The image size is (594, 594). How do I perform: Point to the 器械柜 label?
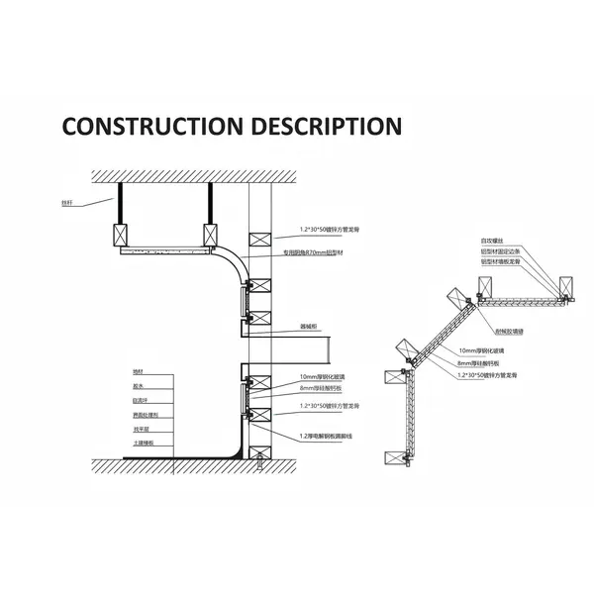(x=309, y=326)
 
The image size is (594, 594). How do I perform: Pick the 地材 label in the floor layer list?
(x=138, y=371)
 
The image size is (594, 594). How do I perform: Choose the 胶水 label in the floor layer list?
(x=138, y=387)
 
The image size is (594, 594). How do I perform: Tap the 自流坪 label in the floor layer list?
(x=140, y=402)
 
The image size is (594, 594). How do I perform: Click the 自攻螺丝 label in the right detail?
(x=492, y=241)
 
